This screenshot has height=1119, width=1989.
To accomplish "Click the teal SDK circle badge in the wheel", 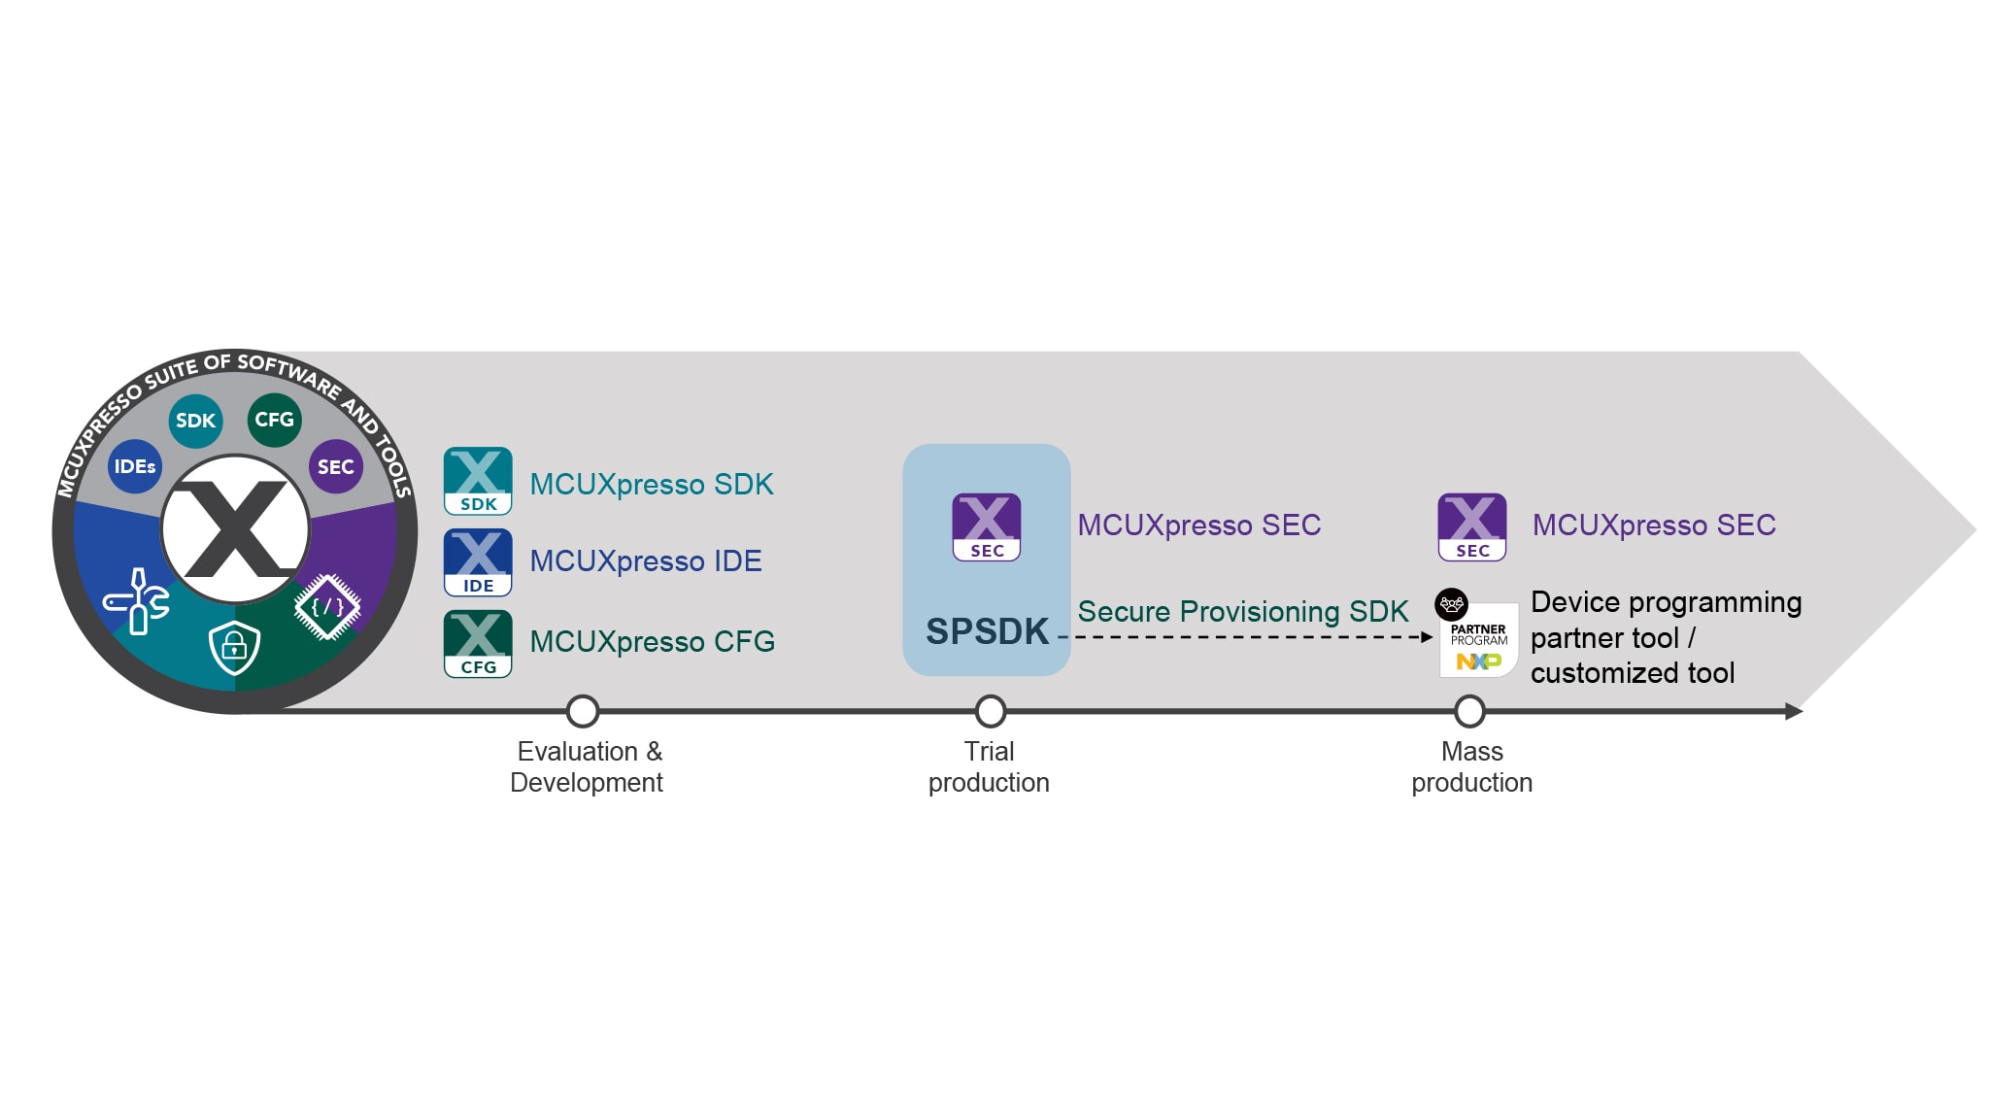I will coord(195,421).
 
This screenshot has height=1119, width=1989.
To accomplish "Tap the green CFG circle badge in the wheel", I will coord(274,420).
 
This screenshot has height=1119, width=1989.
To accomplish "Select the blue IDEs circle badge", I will coord(135,466).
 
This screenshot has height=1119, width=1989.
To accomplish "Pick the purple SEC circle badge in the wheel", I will coord(335,467).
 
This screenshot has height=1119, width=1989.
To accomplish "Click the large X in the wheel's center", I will coord(235,530).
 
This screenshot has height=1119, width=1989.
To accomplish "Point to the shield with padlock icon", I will coord(234,647).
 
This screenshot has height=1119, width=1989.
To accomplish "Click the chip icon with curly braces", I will coord(327,607).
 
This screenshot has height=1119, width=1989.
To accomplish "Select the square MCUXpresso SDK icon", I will coord(478,481).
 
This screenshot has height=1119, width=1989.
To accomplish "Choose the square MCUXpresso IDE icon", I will coord(478,562).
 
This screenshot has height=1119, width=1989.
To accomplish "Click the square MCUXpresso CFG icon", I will coord(478,643).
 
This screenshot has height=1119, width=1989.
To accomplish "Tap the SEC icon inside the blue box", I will coord(987,526).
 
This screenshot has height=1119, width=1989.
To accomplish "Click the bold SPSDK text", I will coord(987,631).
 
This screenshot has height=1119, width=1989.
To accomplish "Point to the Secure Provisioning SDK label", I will coord(1242,611).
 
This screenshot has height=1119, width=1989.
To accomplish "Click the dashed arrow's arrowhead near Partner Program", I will coord(1427,637).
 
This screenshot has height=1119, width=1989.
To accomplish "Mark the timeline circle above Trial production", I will coord(990,711).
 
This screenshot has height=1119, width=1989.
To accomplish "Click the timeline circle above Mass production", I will coord(1469,711).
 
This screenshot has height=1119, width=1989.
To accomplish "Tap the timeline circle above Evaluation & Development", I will coord(583,711).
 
